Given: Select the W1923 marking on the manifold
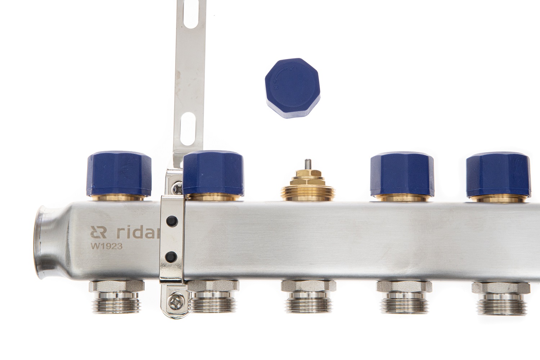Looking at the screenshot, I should click(107, 246).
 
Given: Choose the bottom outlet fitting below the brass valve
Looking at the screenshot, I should click(309, 297).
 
